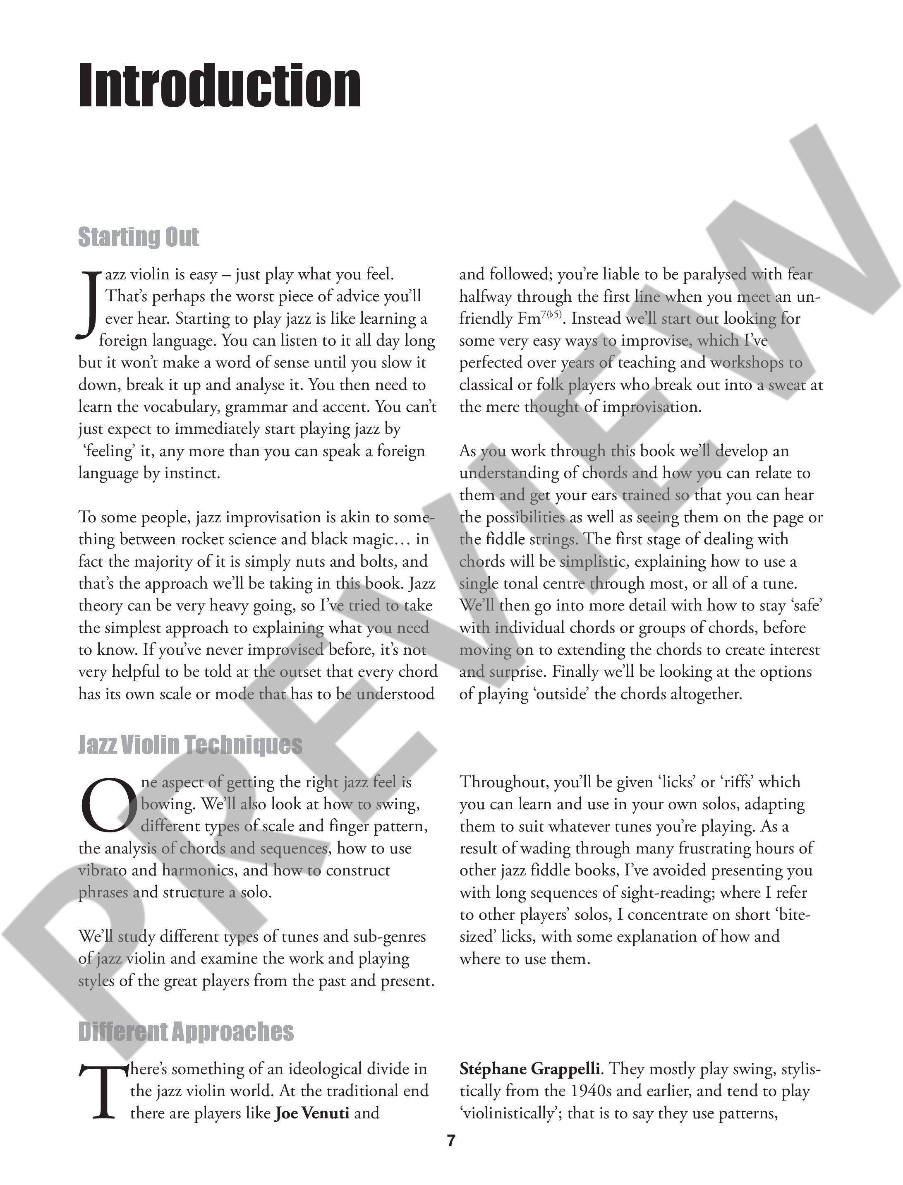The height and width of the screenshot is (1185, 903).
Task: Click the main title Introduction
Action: pyautogui.click(x=219, y=86)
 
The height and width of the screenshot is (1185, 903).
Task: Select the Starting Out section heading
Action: pyautogui.click(x=138, y=237)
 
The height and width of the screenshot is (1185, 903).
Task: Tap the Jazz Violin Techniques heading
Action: pyautogui.click(x=190, y=745)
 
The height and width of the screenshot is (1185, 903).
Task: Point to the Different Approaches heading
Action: pyautogui.click(x=186, y=1031)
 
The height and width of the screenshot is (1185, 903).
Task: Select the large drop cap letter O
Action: pyautogui.click(x=108, y=805)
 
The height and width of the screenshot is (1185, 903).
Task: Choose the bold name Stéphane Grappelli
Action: pyautogui.click(x=529, y=1068)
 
